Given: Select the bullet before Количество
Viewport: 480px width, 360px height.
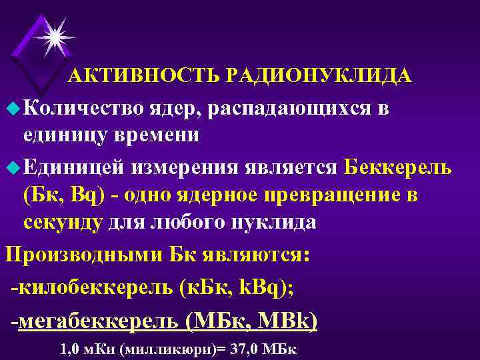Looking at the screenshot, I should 11,107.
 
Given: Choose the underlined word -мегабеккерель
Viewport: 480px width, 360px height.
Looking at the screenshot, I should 97,322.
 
